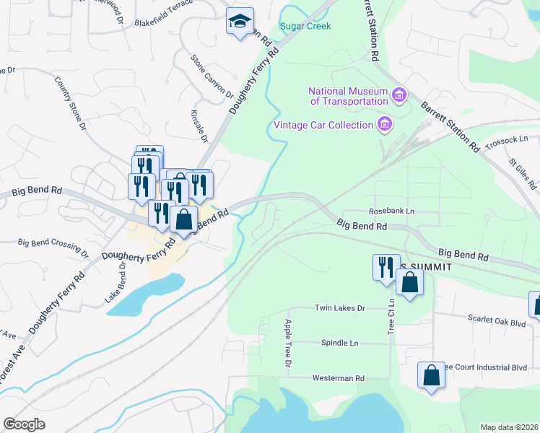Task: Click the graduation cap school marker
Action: point(240,22)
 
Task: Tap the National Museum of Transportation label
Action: point(348,96)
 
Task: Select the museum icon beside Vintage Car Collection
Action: point(385,125)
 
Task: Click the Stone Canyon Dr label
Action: point(212,77)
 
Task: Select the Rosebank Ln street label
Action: point(392,211)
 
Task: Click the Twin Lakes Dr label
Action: point(341,307)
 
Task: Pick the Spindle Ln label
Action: point(339,343)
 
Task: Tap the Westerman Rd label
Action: point(339,377)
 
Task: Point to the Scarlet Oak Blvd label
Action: point(497,323)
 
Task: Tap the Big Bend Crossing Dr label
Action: point(53,248)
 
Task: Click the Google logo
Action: point(25,424)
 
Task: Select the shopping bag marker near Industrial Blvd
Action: point(431,375)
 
